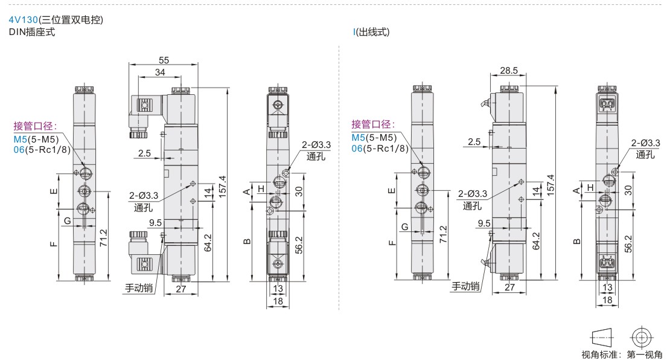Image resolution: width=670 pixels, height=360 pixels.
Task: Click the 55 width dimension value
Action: (x=164, y=60)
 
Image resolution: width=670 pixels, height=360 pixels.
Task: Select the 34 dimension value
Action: (x=160, y=72)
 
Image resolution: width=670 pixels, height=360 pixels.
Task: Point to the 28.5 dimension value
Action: (x=508, y=71)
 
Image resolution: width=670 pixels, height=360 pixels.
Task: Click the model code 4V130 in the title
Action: (x=24, y=20)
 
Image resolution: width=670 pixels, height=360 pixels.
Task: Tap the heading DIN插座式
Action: (x=32, y=32)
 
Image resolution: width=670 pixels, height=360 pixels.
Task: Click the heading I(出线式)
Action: (x=371, y=32)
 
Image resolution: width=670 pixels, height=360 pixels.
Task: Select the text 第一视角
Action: (x=645, y=355)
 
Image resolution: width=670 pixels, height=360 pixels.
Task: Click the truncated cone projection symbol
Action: (x=602, y=338)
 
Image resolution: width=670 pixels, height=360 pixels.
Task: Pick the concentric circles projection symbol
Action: (x=642, y=338)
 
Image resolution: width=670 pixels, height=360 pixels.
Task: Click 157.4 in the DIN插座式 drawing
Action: (x=223, y=187)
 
